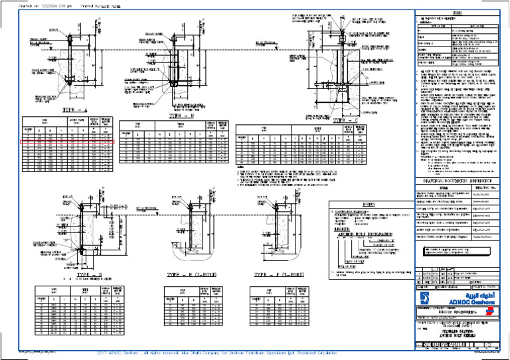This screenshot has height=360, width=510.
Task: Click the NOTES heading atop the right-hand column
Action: pos(459,14)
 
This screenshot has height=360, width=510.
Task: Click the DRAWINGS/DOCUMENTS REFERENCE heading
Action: pos(458,181)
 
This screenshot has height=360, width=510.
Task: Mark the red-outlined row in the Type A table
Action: pos(67,142)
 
